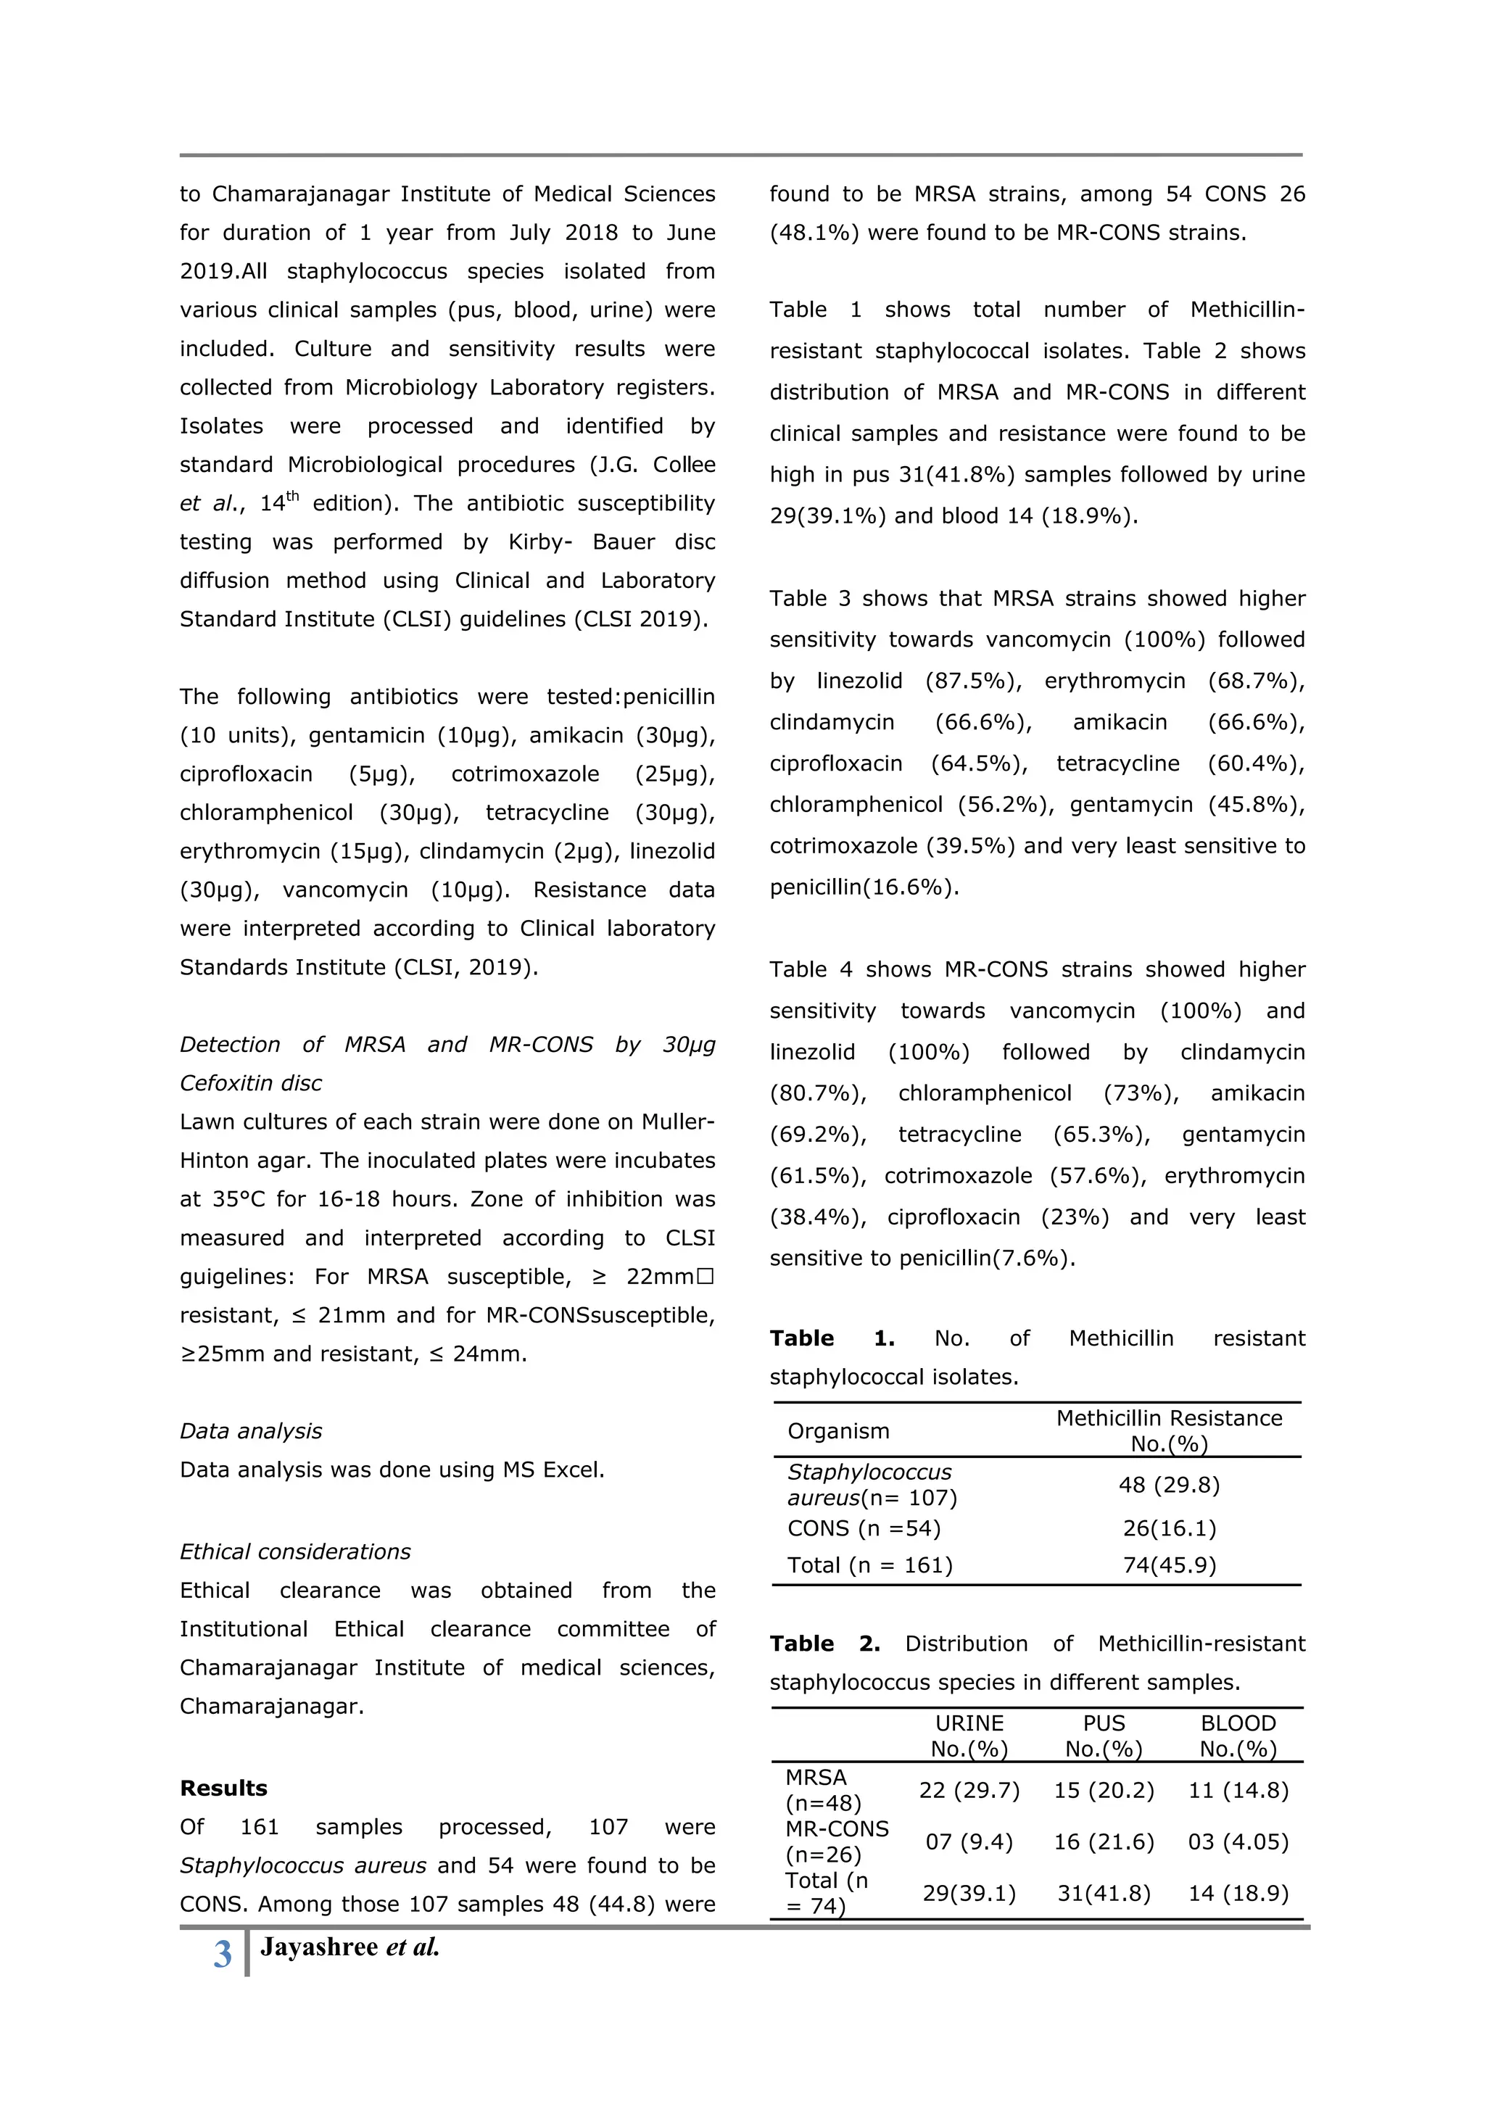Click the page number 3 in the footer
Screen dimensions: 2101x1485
[x=223, y=1955]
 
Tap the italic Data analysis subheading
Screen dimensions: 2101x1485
[x=251, y=1431]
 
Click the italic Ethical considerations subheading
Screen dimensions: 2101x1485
[x=294, y=1552]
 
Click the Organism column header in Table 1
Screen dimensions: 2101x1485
[x=838, y=1431]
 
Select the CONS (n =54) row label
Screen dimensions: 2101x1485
[x=864, y=1528]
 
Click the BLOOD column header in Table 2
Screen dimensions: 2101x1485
[x=1237, y=1723]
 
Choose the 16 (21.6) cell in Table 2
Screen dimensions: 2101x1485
[x=1104, y=1842]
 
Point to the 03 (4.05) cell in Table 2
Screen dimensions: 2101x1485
[x=1237, y=1842]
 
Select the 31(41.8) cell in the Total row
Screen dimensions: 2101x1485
[x=1104, y=1893]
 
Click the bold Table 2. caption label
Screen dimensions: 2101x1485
[x=824, y=1644]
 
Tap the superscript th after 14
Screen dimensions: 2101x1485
[x=292, y=496]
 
